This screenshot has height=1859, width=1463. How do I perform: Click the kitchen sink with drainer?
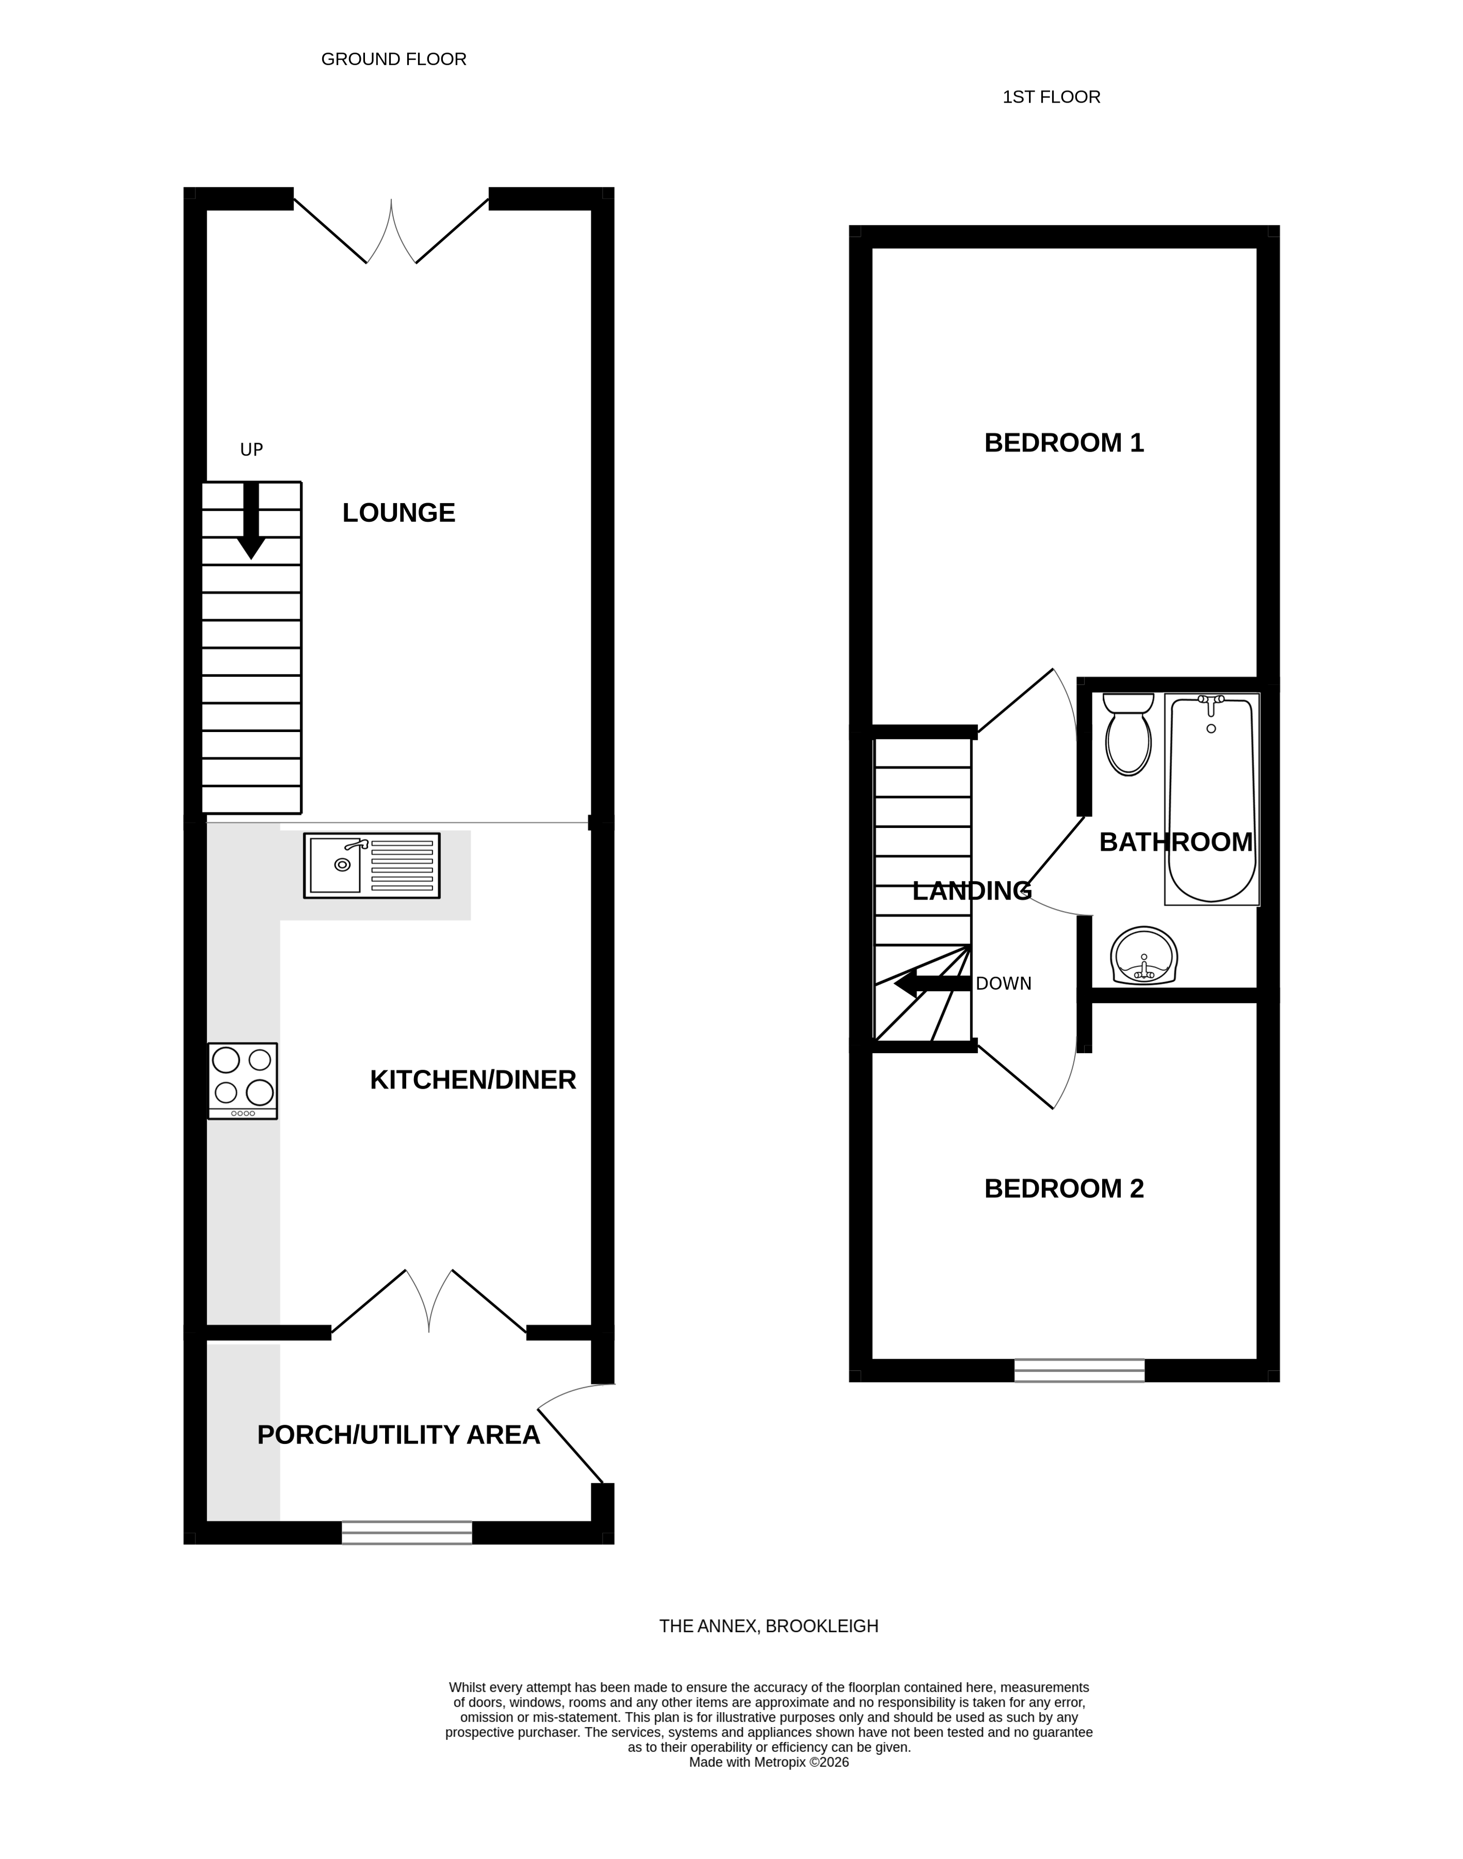[372, 865]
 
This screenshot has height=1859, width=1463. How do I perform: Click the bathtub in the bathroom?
[1211, 799]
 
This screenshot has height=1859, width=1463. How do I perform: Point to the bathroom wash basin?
[1143, 957]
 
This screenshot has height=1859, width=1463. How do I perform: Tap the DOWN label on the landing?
[1003, 984]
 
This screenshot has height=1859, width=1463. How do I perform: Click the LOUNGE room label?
[398, 512]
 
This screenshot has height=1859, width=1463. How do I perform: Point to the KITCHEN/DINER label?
[473, 1080]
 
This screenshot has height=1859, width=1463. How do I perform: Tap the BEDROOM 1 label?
[1064, 443]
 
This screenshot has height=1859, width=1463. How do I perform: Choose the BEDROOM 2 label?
[1064, 1188]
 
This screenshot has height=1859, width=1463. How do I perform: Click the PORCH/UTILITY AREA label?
[398, 1434]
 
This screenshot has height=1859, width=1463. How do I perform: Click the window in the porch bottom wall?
[407, 1533]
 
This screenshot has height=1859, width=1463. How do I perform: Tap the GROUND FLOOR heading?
[393, 59]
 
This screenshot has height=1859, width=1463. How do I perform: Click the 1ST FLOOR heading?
[1051, 97]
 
